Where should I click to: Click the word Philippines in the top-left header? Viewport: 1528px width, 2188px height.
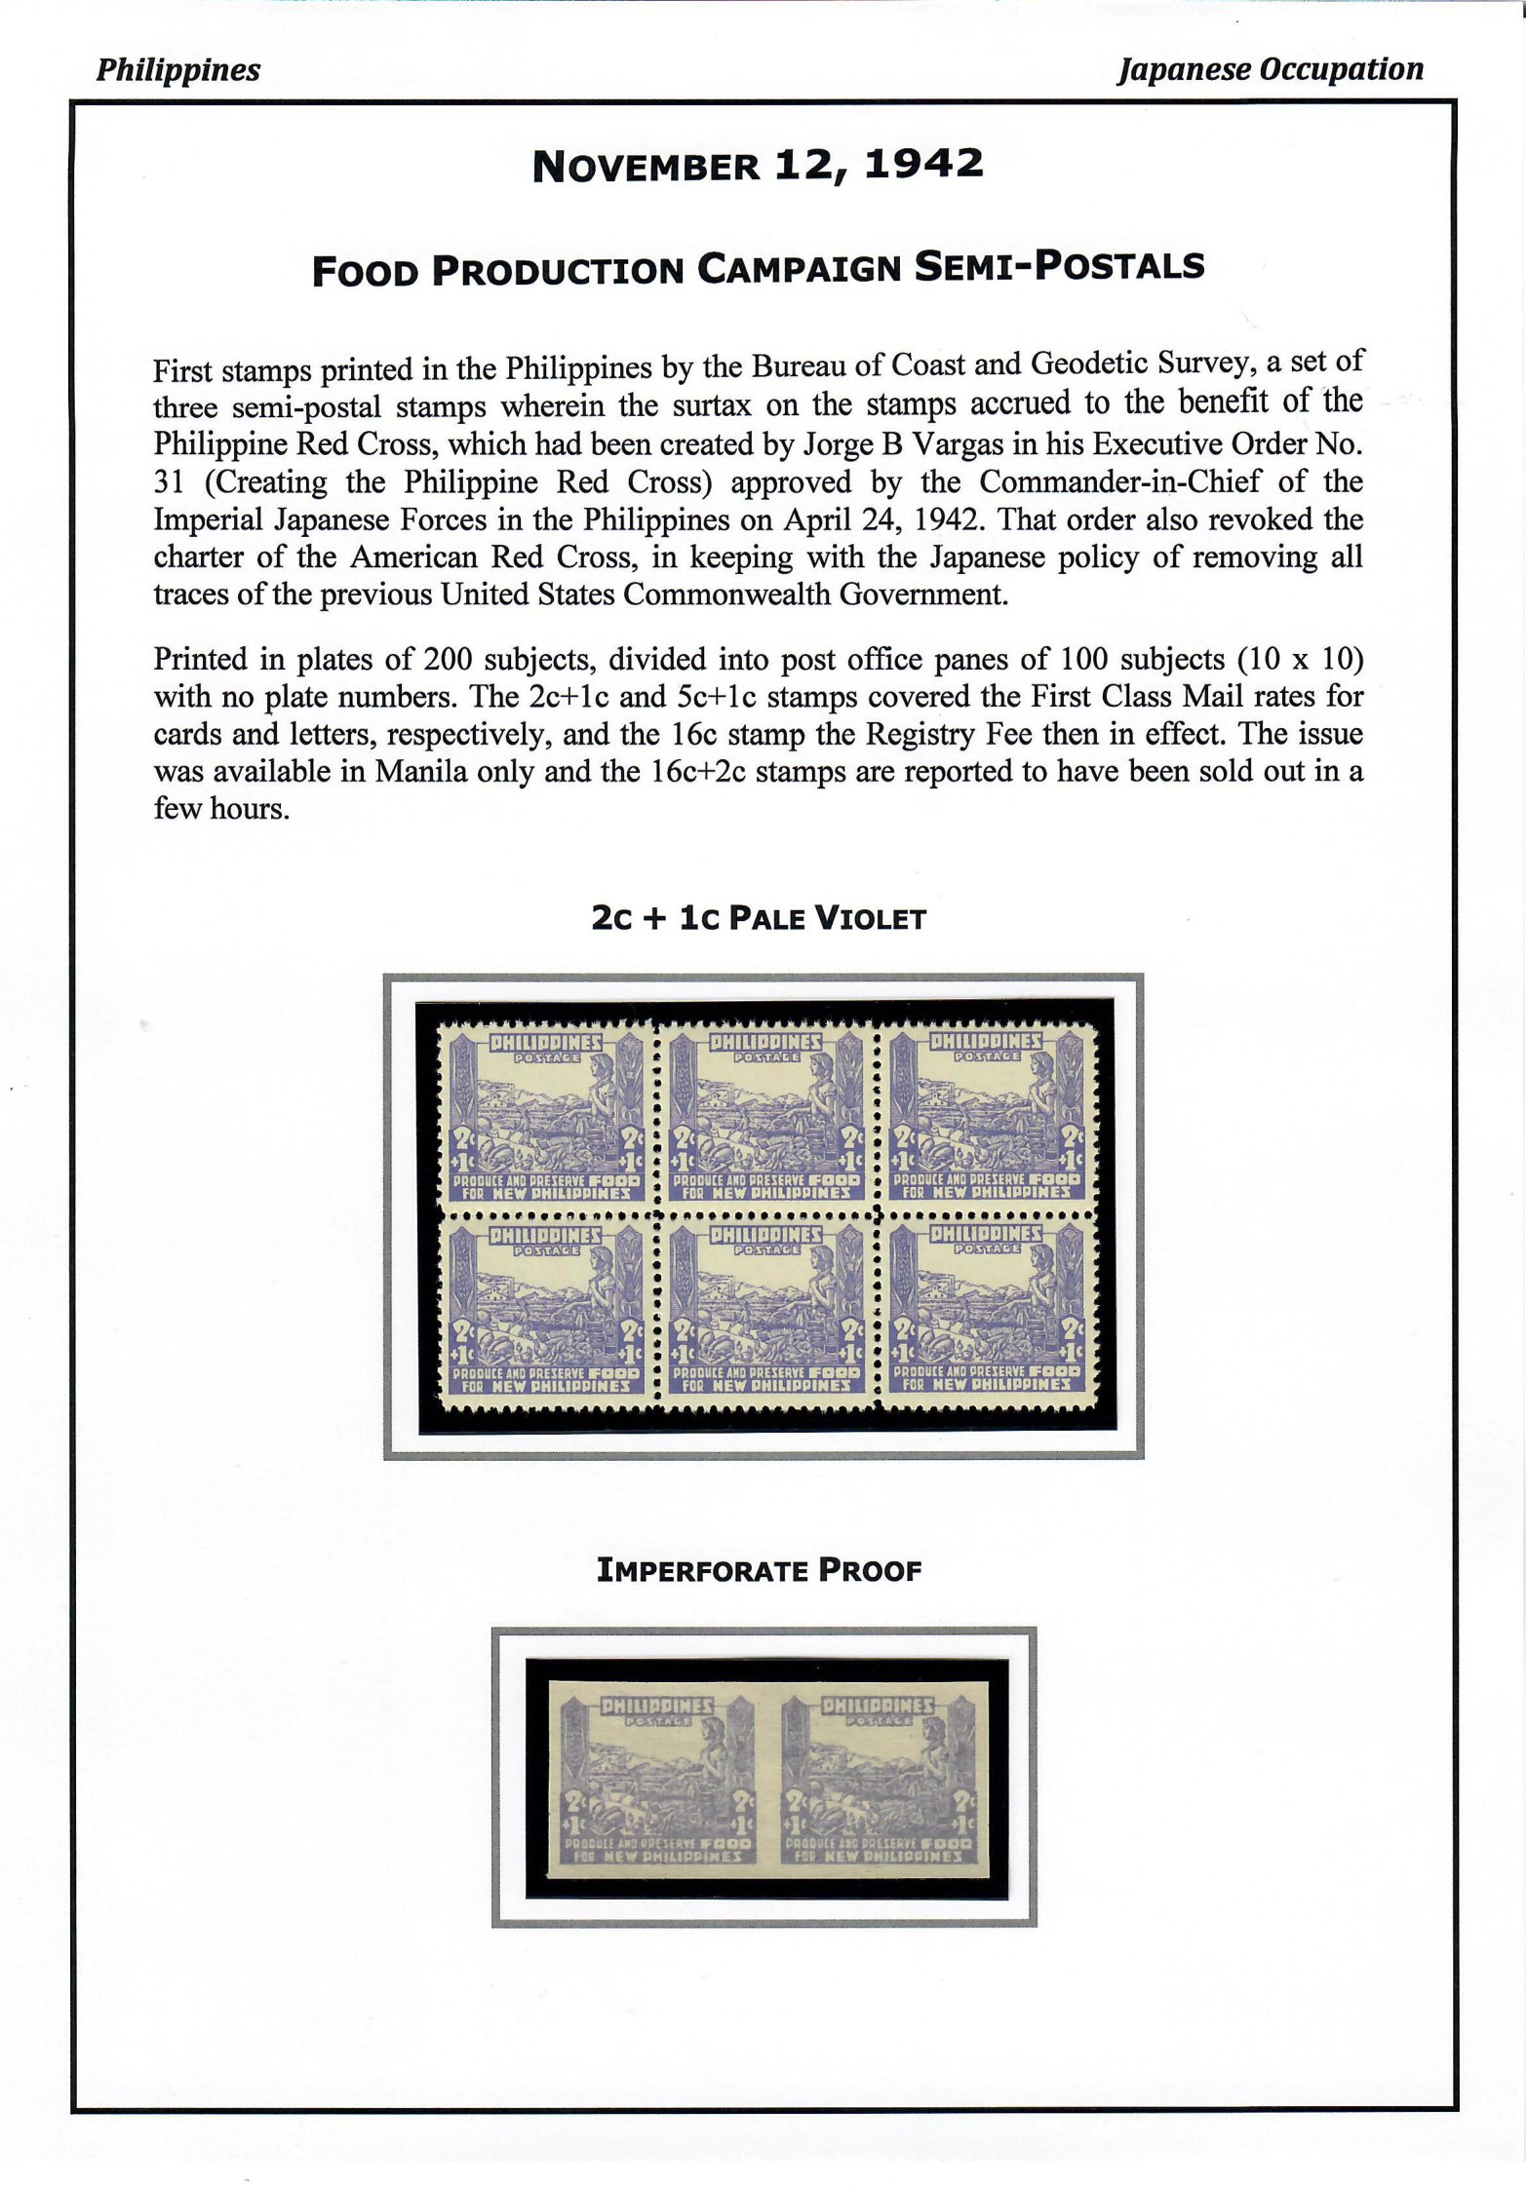[177, 70]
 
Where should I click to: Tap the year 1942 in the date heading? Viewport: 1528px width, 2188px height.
[923, 165]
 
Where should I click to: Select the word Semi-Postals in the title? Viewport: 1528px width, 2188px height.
[1059, 267]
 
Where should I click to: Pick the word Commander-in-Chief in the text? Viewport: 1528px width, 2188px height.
[1119, 481]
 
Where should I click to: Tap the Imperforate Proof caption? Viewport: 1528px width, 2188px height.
[759, 1570]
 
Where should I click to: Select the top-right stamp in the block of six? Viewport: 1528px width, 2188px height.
[987, 1117]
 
